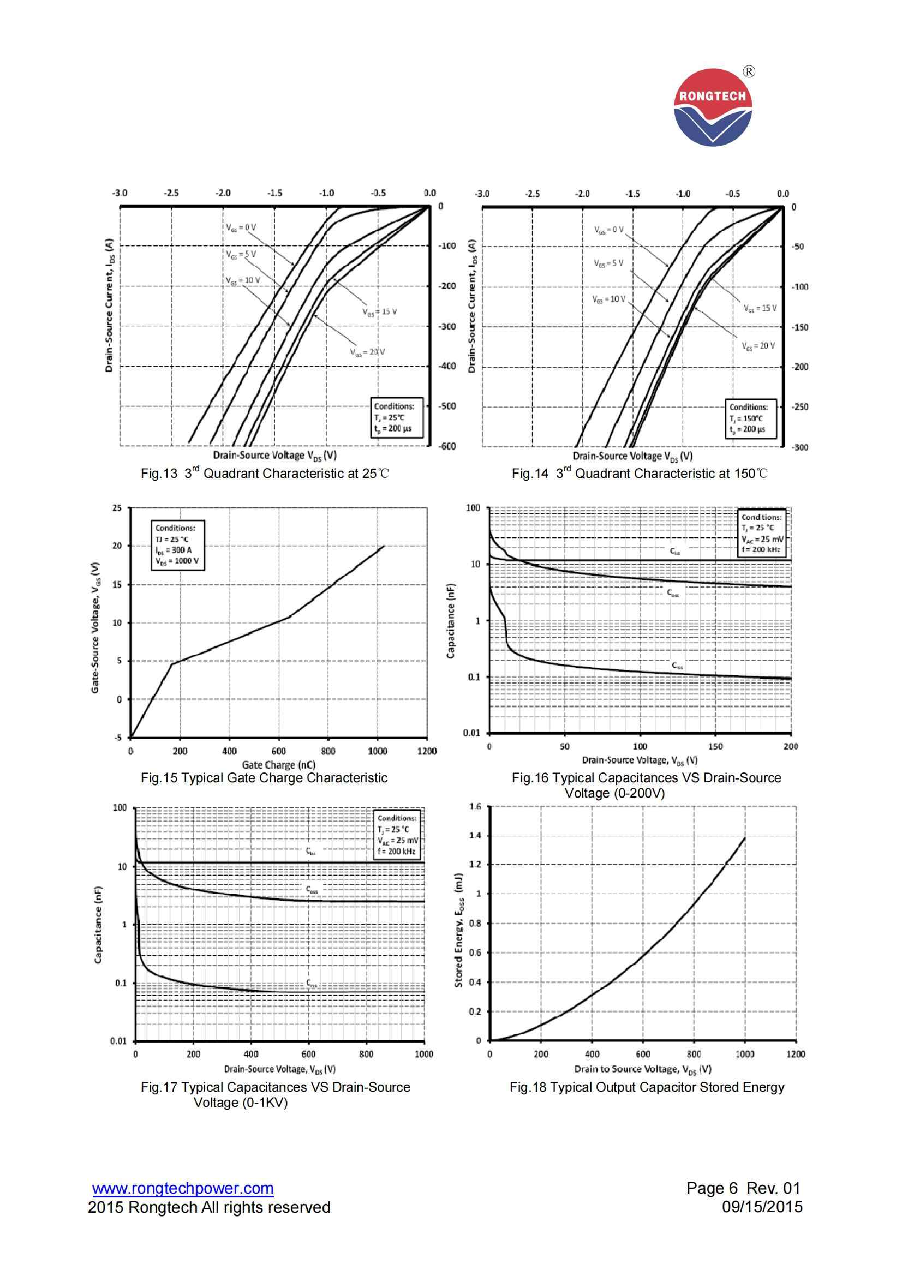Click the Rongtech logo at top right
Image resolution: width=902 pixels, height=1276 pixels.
click(x=713, y=107)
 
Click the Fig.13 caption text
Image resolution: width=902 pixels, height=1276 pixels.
click(x=265, y=474)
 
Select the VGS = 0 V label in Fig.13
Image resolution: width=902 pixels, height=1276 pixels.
click(x=241, y=228)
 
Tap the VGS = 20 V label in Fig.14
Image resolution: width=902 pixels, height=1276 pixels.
click(x=758, y=346)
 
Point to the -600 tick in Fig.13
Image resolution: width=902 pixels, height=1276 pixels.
click(x=447, y=446)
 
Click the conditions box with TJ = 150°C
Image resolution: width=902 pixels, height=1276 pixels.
click(x=750, y=418)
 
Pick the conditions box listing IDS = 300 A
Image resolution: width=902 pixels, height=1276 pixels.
click(x=176, y=544)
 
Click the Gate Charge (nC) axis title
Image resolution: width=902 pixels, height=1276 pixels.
click(x=278, y=765)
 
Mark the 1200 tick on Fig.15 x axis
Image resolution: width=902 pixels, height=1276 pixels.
click(x=427, y=751)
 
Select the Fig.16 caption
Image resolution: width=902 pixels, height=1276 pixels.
click(x=646, y=785)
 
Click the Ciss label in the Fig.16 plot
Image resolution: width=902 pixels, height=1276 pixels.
click(x=674, y=552)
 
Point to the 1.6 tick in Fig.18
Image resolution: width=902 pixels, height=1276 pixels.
click(x=475, y=806)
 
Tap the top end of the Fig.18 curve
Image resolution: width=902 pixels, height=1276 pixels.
click(x=745, y=838)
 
